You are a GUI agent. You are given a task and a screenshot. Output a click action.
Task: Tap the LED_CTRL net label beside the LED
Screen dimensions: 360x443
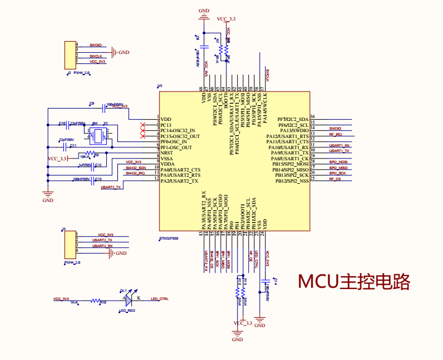[160, 298]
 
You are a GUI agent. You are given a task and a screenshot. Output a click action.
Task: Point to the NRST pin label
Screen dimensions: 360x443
[167, 153]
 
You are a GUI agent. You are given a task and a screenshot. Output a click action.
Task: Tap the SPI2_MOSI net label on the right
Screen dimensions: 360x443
[338, 162]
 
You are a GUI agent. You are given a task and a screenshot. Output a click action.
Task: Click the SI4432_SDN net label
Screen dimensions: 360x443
[135, 168]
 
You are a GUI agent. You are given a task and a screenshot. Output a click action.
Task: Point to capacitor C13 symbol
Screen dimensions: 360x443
[94, 179]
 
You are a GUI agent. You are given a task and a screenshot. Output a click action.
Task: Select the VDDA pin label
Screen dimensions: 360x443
[167, 164]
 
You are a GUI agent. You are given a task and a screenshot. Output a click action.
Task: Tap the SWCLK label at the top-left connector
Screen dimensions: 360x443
[96, 56]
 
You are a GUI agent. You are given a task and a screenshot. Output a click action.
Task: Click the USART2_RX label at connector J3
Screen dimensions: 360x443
[102, 246]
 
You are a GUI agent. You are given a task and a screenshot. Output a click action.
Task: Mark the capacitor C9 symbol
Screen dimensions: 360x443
[96, 107]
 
